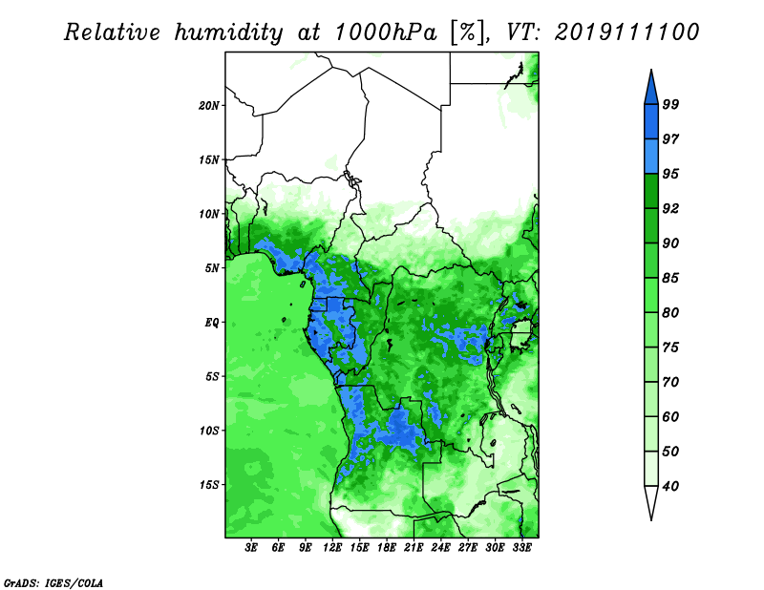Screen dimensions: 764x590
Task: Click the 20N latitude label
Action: pos(208,106)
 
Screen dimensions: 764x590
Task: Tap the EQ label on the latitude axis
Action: pos(212,323)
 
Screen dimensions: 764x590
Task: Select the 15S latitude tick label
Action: pos(209,485)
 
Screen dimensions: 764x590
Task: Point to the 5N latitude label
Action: pos(212,268)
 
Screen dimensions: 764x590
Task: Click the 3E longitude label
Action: pos(251,547)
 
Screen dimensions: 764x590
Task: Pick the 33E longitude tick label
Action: pos(521,547)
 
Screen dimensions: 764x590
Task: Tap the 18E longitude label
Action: pos(387,547)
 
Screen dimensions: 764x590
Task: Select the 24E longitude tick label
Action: pos(440,547)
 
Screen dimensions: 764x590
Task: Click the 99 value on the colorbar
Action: pos(670,104)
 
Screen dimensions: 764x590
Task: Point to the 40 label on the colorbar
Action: pos(670,486)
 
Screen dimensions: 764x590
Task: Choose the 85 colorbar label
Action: pos(670,278)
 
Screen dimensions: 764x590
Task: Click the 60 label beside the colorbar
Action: pos(670,416)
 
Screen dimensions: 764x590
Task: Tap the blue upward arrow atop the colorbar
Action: pos(651,89)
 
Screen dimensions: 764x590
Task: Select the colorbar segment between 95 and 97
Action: pos(651,157)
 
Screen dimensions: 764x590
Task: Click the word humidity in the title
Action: pos(228,32)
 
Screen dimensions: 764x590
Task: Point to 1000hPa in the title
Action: pos(386,32)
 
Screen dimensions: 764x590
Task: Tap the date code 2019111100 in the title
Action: pos(626,32)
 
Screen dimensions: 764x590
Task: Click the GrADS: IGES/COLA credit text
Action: pos(53,583)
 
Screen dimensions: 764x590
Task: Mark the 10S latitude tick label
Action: pos(209,431)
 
